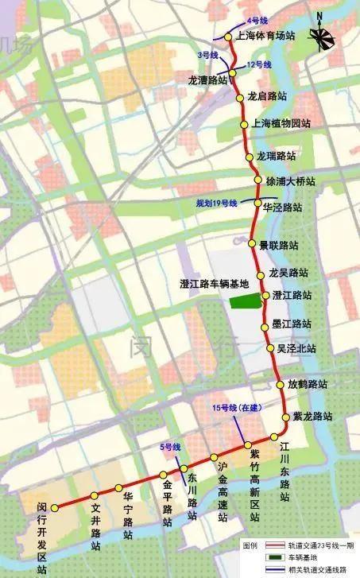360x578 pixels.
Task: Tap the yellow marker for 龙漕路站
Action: pos(233,74)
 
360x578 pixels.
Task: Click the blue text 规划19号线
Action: pos(217,204)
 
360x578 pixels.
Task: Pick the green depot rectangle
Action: pos(245,300)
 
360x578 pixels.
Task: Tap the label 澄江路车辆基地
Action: pos(215,283)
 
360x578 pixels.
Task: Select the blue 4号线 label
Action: pos(236,18)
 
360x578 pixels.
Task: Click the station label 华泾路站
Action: pos(282,208)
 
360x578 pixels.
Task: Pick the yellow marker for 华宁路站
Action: pos(118,487)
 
